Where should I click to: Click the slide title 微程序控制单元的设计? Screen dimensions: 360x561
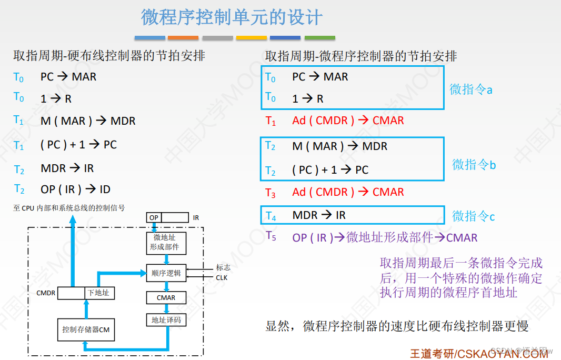coord(232,17)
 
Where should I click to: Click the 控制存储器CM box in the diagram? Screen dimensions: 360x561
coord(86,329)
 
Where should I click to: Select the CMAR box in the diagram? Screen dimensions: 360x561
coord(166,297)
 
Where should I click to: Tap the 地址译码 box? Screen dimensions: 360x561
coord(166,319)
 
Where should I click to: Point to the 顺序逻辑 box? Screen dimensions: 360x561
coord(166,273)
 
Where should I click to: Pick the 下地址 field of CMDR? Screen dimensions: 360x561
coord(99,293)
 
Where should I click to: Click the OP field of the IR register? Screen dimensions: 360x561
coord(154,217)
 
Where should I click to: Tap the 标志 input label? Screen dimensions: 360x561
coord(223,267)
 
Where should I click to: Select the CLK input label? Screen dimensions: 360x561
coord(222,277)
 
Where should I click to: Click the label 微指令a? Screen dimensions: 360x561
coord(471,89)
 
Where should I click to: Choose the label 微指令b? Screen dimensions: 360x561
coord(474,165)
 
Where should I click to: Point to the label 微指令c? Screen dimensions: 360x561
coord(474,216)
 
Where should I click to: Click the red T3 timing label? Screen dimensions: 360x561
coord(271,193)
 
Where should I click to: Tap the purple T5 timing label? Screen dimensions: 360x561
coord(271,236)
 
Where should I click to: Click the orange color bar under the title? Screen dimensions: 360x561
coord(183,38)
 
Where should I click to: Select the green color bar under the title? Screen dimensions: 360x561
coord(320,38)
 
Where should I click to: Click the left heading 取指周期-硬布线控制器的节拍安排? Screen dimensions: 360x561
coord(109,56)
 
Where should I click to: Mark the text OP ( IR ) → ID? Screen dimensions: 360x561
coord(75,189)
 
